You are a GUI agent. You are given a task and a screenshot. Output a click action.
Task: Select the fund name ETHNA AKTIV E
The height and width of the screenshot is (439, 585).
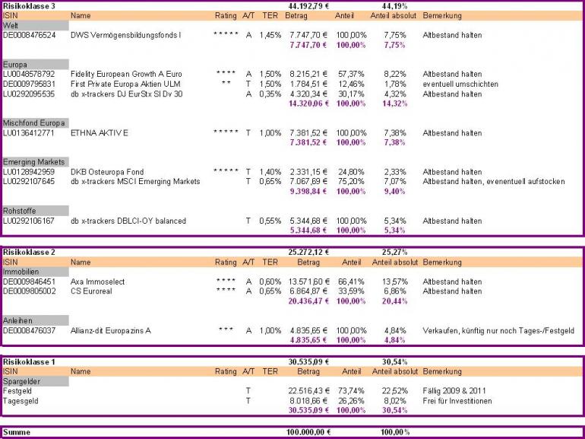click(x=100, y=133)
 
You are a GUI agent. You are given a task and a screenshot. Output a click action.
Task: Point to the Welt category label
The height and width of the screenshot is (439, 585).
click(x=11, y=26)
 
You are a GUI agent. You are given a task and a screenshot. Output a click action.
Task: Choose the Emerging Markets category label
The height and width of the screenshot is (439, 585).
click(x=33, y=162)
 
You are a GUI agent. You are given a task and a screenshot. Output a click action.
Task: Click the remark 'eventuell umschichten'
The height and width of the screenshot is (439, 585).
click(x=460, y=84)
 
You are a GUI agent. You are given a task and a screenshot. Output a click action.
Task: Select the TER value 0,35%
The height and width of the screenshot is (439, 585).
click(x=270, y=94)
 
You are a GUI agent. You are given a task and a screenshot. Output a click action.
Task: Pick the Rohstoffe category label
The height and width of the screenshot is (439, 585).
click(x=21, y=211)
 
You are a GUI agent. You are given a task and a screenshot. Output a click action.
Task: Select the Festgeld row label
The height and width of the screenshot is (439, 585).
click(x=19, y=391)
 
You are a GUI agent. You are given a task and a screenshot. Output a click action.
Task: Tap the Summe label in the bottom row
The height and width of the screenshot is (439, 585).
click(x=17, y=431)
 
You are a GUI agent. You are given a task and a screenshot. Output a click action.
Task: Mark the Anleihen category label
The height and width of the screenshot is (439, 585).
click(x=17, y=320)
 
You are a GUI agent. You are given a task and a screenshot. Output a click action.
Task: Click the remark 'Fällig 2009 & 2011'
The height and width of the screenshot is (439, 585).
click(x=454, y=391)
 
